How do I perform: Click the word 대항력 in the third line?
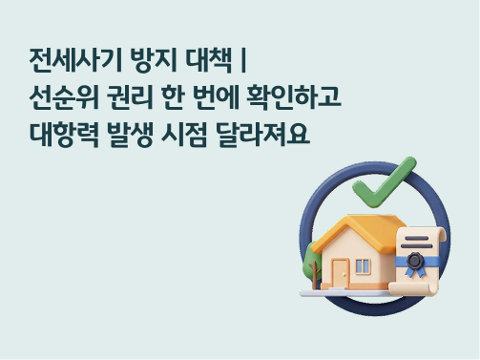(x=64, y=136)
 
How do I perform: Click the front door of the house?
(x=341, y=268)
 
